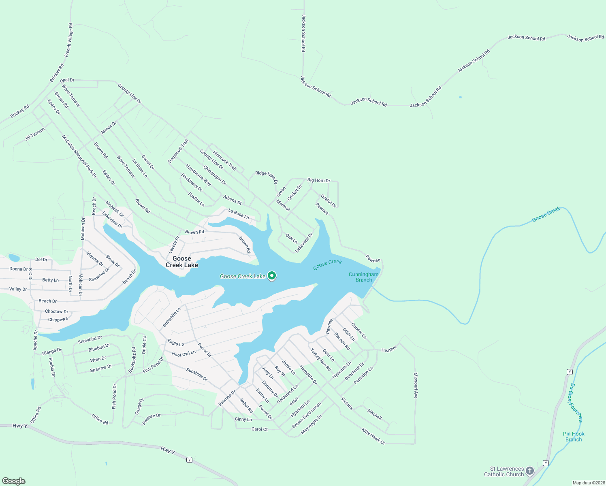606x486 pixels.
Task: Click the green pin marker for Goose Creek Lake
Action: [x=272, y=276]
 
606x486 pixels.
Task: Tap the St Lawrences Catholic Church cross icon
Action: [x=530, y=471]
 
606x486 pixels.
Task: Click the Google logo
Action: [x=14, y=481]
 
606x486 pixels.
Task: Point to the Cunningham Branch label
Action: [x=364, y=277]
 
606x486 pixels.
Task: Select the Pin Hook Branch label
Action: [x=574, y=437]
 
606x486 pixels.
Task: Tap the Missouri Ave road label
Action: [x=415, y=386]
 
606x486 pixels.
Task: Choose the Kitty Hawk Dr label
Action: [x=373, y=436]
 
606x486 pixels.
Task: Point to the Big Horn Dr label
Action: [x=319, y=180]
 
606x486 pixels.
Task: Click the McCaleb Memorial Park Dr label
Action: [x=79, y=156]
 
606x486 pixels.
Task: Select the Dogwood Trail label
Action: [x=178, y=151]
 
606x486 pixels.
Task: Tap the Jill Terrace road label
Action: [x=35, y=134]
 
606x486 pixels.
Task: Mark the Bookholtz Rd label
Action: [x=132, y=360]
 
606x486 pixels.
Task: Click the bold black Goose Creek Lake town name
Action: [x=182, y=262]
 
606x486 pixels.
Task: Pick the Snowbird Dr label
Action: [x=90, y=339]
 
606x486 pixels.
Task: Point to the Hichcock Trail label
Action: [x=224, y=160]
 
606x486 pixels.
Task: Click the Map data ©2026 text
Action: [x=588, y=483]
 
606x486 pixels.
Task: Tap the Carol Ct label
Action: [x=260, y=429]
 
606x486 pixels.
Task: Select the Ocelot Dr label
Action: [x=329, y=201]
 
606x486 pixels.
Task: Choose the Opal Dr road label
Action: [x=67, y=80]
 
